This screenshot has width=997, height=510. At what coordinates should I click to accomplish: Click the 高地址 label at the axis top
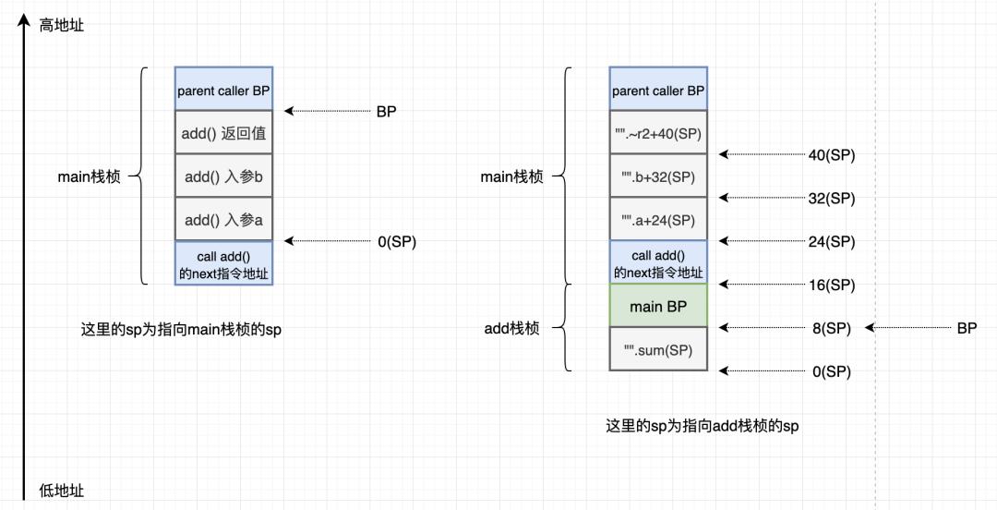(x=61, y=26)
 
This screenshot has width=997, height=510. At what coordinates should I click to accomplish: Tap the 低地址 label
(x=61, y=491)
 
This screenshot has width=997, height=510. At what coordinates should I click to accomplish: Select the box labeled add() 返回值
(x=223, y=133)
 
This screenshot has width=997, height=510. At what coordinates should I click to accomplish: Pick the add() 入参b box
(x=223, y=176)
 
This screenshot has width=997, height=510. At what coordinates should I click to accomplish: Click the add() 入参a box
(x=223, y=220)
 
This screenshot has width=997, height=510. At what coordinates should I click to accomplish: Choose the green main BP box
(x=658, y=307)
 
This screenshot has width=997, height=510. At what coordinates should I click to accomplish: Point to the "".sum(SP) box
(x=658, y=349)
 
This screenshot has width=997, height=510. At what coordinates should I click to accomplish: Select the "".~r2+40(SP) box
(x=658, y=133)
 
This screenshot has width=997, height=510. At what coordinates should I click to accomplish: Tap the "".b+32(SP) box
(x=658, y=176)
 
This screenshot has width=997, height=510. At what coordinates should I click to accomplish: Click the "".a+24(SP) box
(x=658, y=220)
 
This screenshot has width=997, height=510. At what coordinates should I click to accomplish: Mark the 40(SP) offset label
(x=831, y=155)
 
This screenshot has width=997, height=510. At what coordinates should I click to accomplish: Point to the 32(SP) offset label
(x=831, y=199)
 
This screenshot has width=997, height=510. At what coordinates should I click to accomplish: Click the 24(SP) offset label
(x=831, y=242)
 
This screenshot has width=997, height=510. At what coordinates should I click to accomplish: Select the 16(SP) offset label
(x=831, y=285)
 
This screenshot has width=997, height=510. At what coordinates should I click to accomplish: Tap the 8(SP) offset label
(x=831, y=328)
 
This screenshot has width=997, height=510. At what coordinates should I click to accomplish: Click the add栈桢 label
(x=511, y=328)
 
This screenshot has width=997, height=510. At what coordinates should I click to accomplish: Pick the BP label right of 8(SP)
(x=966, y=328)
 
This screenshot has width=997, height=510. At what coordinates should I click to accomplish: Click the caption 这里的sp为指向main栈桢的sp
(x=181, y=329)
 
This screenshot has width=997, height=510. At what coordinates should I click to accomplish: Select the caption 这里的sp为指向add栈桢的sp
(x=702, y=426)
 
